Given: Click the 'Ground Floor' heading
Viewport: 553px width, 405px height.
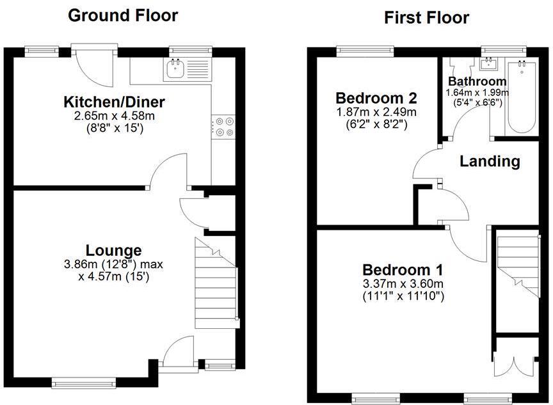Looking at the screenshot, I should pyautogui.click(x=122, y=15).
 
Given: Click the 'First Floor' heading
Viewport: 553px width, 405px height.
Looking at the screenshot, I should pyautogui.click(x=426, y=17).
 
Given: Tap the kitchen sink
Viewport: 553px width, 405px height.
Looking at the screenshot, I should pyautogui.click(x=174, y=69).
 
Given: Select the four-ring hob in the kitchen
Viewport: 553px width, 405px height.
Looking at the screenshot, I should pyautogui.click(x=225, y=126).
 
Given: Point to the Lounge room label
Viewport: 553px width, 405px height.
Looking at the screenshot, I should pyautogui.click(x=113, y=250).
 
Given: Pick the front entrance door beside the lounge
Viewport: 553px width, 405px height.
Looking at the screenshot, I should pyautogui.click(x=177, y=354).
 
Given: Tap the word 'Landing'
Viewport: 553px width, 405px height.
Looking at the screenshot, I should pyautogui.click(x=490, y=161).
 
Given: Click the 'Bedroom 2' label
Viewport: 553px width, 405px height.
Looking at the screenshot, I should pyautogui.click(x=376, y=99).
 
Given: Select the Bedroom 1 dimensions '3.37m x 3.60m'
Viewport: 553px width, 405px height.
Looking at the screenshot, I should pyautogui.click(x=403, y=284).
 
